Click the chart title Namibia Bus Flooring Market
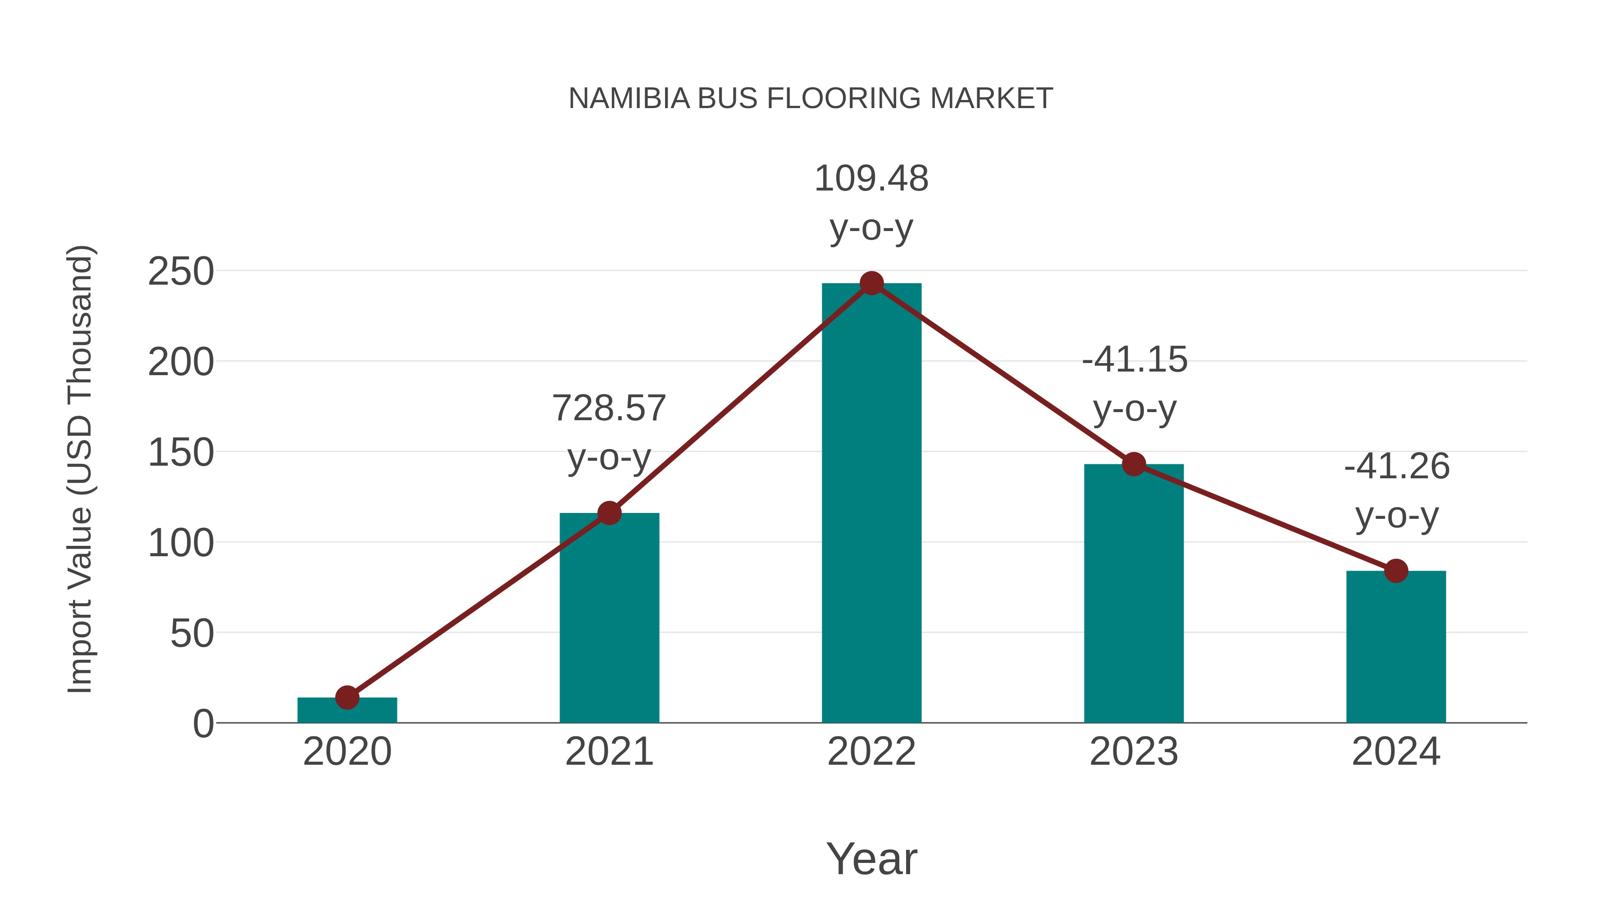(811, 99)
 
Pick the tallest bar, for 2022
(871, 504)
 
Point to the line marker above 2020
(347, 697)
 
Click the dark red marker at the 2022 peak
(871, 284)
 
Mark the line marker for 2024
(1396, 571)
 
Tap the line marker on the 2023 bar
(1134, 464)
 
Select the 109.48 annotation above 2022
(871, 179)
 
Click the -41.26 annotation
(1397, 467)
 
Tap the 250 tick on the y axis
(181, 272)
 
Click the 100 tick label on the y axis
(181, 543)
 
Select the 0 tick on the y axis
(203, 724)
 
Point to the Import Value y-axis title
(80, 469)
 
